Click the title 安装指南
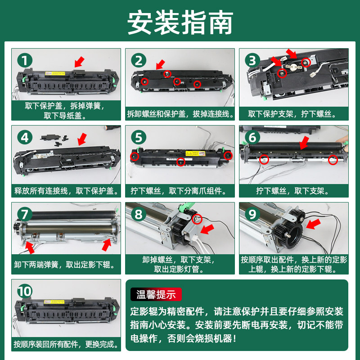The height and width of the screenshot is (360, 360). tap(180, 22)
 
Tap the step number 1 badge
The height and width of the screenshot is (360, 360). tap(25, 60)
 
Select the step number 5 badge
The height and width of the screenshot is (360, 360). tap(139, 137)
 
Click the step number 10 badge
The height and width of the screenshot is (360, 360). tap(25, 291)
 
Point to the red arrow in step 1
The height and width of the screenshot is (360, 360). tap(80, 62)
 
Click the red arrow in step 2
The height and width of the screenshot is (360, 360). tap(161, 64)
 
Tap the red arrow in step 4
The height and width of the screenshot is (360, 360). tap(82, 139)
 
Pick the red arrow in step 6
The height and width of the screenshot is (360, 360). tap(305, 143)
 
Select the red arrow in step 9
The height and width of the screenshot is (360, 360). tap(313, 224)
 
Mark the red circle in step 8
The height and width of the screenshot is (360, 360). tap(197, 219)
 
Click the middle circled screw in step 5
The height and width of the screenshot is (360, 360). tap(181, 162)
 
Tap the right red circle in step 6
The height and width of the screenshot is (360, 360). tap(333, 160)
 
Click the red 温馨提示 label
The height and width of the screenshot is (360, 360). tap(156, 294)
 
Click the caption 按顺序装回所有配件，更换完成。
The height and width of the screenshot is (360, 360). tap(66, 344)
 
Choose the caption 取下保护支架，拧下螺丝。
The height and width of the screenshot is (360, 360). tap(292, 114)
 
